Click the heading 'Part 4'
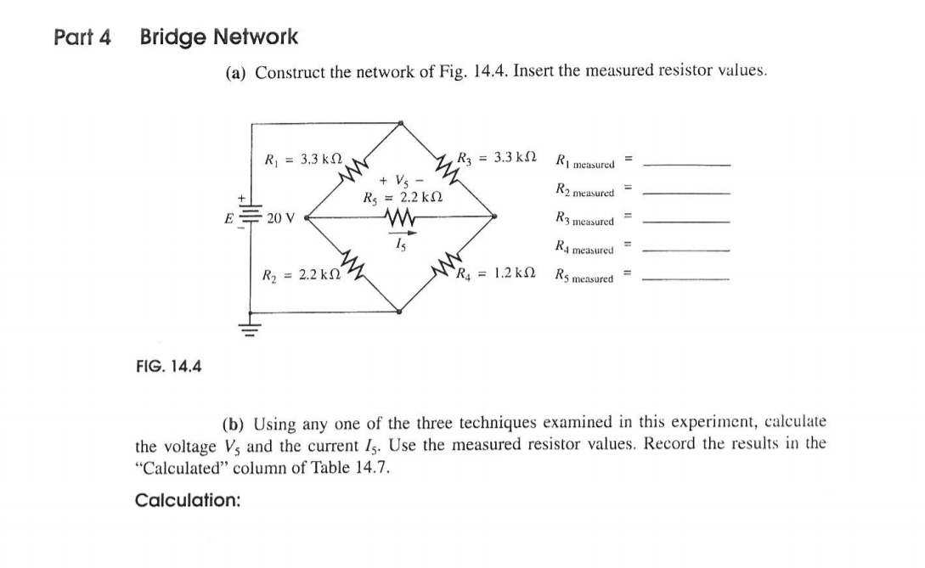click(82, 37)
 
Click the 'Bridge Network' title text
click(219, 37)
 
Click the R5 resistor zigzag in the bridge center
click(399, 218)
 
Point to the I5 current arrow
click(400, 234)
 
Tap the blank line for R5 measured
click(686, 278)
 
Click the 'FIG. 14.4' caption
click(169, 367)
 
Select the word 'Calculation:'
click(188, 500)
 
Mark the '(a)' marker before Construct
click(236, 73)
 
